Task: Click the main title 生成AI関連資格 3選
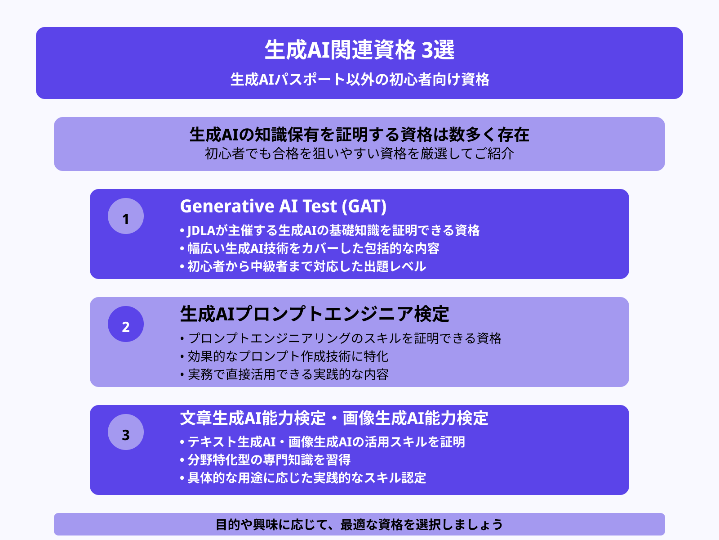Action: tap(359, 50)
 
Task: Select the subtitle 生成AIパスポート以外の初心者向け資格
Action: tap(359, 80)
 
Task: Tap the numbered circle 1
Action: tap(126, 216)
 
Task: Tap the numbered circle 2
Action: tap(126, 324)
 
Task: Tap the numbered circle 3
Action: tap(126, 432)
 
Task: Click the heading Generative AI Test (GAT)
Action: tap(283, 207)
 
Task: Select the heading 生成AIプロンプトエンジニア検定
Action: tap(315, 314)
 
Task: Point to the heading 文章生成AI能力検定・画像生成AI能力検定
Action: tap(334, 418)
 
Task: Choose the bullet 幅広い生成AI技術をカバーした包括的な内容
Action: tap(313, 248)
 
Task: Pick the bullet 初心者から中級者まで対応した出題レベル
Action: tap(306, 266)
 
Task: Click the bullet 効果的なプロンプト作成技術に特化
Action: tap(288, 356)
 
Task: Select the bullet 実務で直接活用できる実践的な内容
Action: tap(288, 374)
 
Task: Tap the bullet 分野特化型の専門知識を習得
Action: tap(269, 460)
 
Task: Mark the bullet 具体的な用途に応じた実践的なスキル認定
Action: tap(306, 478)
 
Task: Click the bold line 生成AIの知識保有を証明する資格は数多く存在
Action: tap(359, 135)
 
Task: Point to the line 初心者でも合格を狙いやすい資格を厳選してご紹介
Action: tap(359, 154)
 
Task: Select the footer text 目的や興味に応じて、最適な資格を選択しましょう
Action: tap(359, 525)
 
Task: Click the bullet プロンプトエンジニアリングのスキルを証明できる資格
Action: tap(344, 338)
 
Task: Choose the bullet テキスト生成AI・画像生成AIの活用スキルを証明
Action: tap(326, 442)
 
